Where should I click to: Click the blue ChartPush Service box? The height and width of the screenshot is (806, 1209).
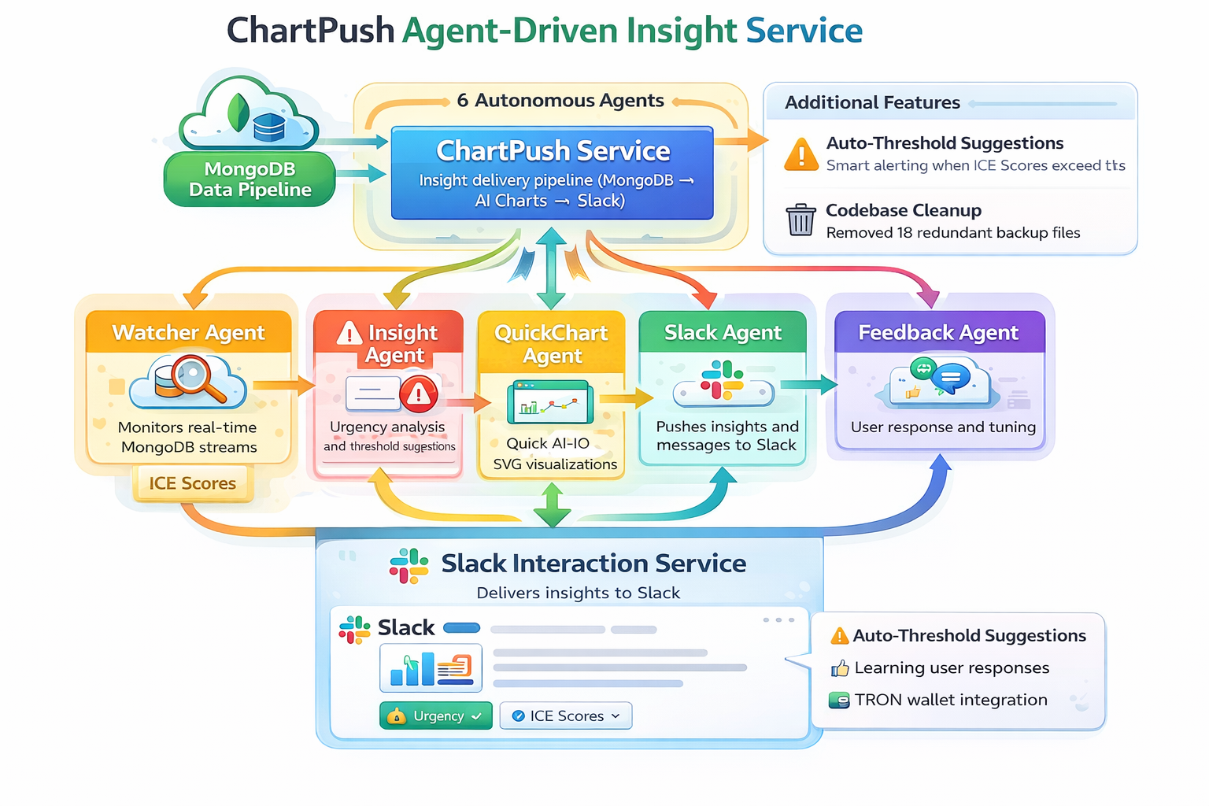point(553,173)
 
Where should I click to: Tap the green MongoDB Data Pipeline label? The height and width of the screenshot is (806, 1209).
point(250,179)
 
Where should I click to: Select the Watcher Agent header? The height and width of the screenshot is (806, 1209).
point(189,332)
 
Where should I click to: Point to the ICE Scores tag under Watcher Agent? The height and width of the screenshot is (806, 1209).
point(192,483)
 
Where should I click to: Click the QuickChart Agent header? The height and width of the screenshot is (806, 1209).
point(551,343)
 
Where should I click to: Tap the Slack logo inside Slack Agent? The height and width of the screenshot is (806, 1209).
point(723,380)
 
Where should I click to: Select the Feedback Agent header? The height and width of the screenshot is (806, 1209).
point(939,332)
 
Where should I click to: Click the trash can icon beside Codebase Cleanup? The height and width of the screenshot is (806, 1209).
point(800,220)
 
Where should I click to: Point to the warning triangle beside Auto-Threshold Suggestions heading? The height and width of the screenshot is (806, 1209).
point(801,153)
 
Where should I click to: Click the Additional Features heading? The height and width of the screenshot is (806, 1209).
point(872,102)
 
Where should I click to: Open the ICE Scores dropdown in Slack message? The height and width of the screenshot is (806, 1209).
point(566,715)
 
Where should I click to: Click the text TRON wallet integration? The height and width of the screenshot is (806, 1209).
point(951,700)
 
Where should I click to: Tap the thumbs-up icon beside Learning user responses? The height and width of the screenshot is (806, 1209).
point(840,668)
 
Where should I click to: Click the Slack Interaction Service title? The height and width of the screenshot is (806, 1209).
point(593,564)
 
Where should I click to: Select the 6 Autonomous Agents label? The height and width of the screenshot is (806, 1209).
point(560,101)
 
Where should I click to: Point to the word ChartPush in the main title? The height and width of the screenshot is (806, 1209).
point(310,31)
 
